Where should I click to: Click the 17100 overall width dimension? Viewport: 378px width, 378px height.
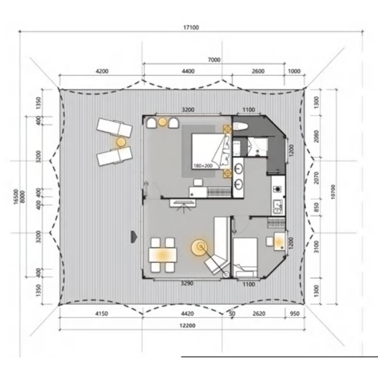(191, 27)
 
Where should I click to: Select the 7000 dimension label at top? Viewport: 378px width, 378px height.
(214, 60)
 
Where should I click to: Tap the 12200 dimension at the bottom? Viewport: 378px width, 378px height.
(188, 326)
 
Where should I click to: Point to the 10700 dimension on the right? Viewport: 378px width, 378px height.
(333, 192)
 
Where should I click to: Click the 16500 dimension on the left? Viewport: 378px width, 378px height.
(16, 196)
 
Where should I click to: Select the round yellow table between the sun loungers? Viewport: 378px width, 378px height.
(121, 142)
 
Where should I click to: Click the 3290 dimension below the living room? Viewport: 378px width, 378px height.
(187, 283)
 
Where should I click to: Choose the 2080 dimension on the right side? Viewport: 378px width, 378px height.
(317, 136)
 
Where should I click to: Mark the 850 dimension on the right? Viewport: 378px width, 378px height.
(317, 207)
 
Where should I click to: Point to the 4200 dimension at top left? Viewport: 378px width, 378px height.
(102, 71)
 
